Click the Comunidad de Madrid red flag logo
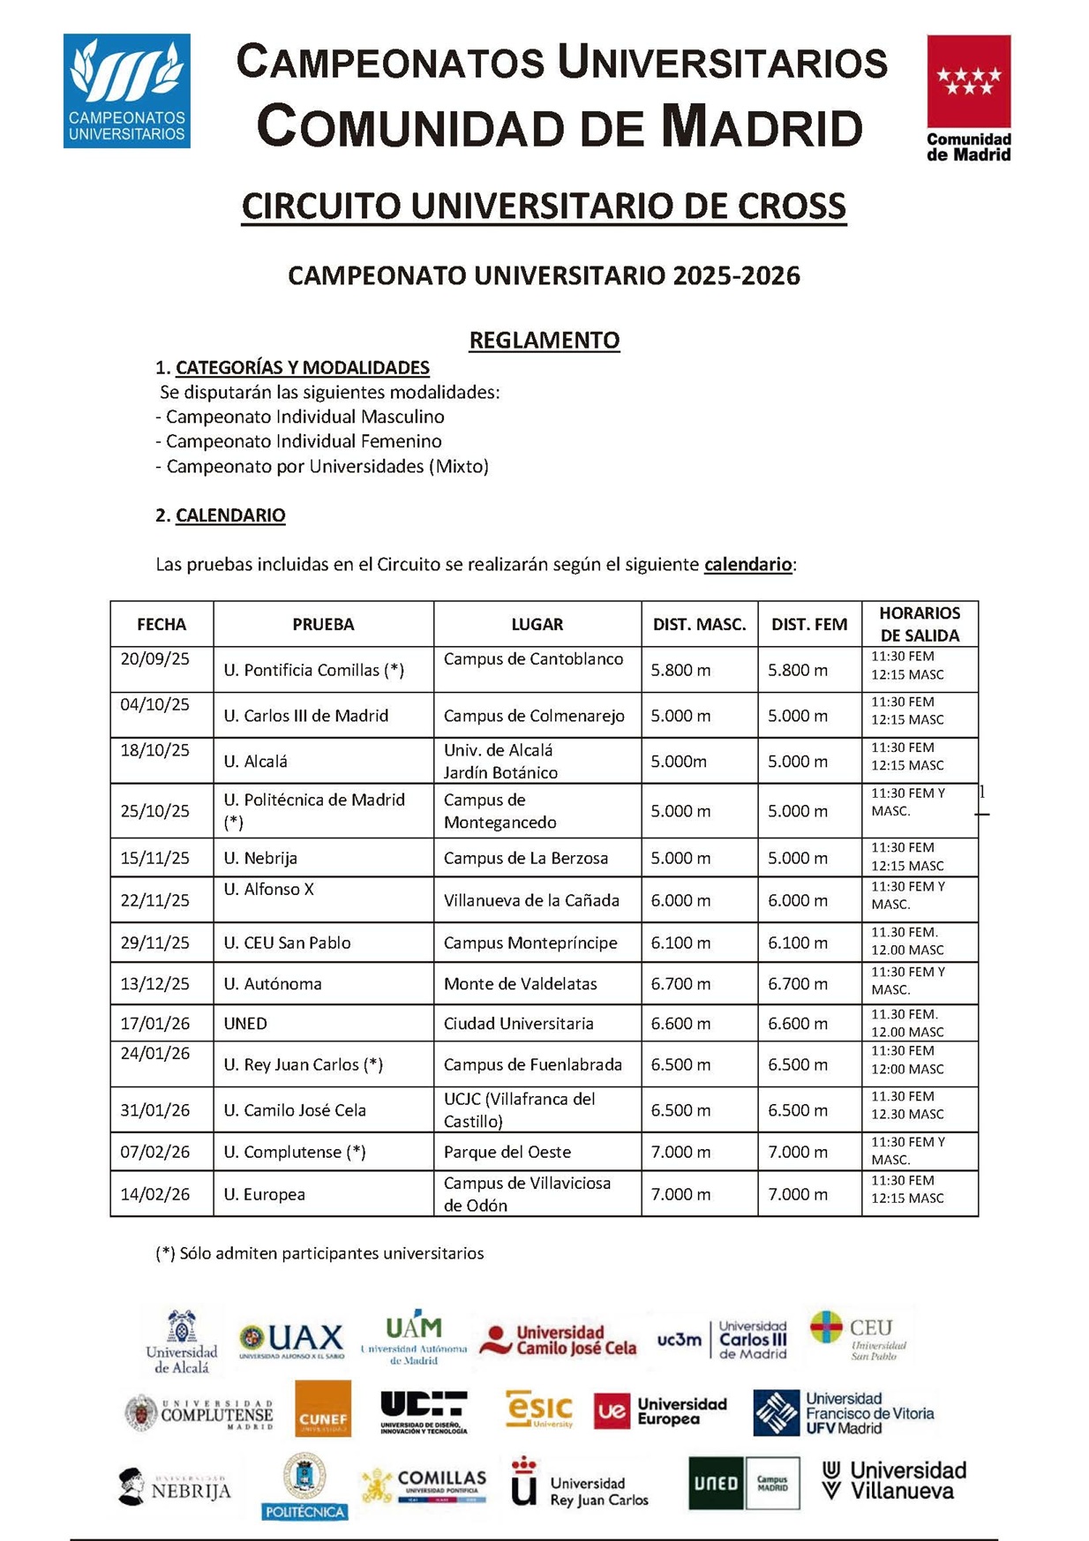click(x=968, y=97)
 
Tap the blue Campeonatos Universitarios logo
click(x=126, y=91)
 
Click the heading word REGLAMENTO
click(x=544, y=340)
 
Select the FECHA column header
click(x=161, y=624)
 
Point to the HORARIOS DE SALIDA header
click(x=919, y=624)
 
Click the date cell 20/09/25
click(x=155, y=659)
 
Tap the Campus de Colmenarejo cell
click(x=534, y=716)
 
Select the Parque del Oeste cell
click(x=507, y=1152)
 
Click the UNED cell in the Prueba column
click(x=245, y=1024)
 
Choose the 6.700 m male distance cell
click(x=680, y=983)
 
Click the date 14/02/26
click(x=155, y=1194)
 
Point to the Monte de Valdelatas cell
click(x=520, y=983)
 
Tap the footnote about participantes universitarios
click(x=319, y=1253)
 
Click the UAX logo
click(x=292, y=1340)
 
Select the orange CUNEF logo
click(x=323, y=1409)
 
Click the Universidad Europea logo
click(x=661, y=1410)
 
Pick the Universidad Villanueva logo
click(x=893, y=1480)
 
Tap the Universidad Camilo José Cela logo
click(x=558, y=1340)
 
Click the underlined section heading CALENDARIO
click(x=230, y=515)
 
